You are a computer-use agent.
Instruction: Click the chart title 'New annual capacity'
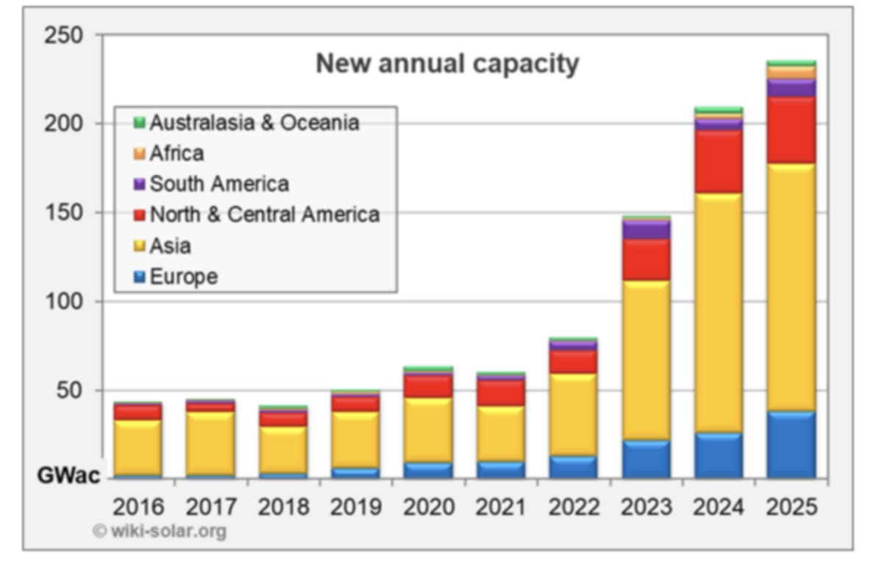(447, 64)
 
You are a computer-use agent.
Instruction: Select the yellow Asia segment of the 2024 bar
(718, 313)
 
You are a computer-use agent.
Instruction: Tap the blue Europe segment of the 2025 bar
(791, 445)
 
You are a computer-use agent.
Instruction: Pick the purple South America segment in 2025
(791, 88)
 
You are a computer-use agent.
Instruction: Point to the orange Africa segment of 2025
(791, 73)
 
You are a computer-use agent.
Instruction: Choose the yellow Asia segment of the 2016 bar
(138, 447)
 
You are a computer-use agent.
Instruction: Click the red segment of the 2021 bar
(501, 393)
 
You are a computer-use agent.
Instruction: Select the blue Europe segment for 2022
(573, 467)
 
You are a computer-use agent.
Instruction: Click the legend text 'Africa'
(177, 153)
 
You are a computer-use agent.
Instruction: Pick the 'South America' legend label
(219, 184)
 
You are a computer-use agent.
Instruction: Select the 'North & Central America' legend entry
(264, 215)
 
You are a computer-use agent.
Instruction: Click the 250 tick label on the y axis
(63, 35)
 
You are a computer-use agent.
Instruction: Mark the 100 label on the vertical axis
(63, 302)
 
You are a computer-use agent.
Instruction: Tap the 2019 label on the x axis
(355, 507)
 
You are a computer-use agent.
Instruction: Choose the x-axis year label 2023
(646, 507)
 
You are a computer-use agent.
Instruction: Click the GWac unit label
(68, 475)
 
